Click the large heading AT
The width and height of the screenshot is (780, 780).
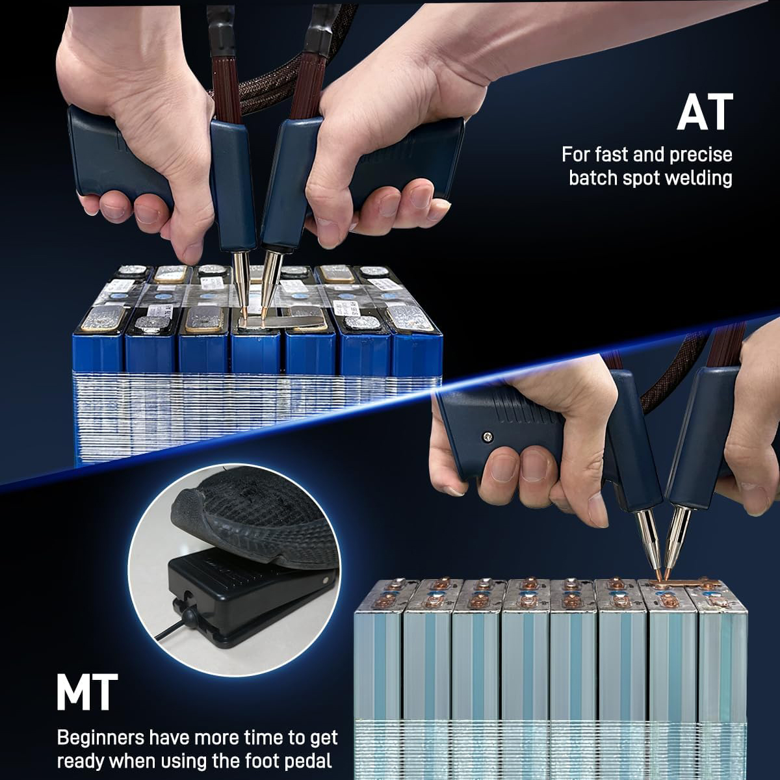click(x=705, y=112)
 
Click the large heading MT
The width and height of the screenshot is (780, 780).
click(x=87, y=692)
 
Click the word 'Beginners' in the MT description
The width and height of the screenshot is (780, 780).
click(x=100, y=737)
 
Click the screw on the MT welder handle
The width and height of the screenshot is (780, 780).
click(x=486, y=436)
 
